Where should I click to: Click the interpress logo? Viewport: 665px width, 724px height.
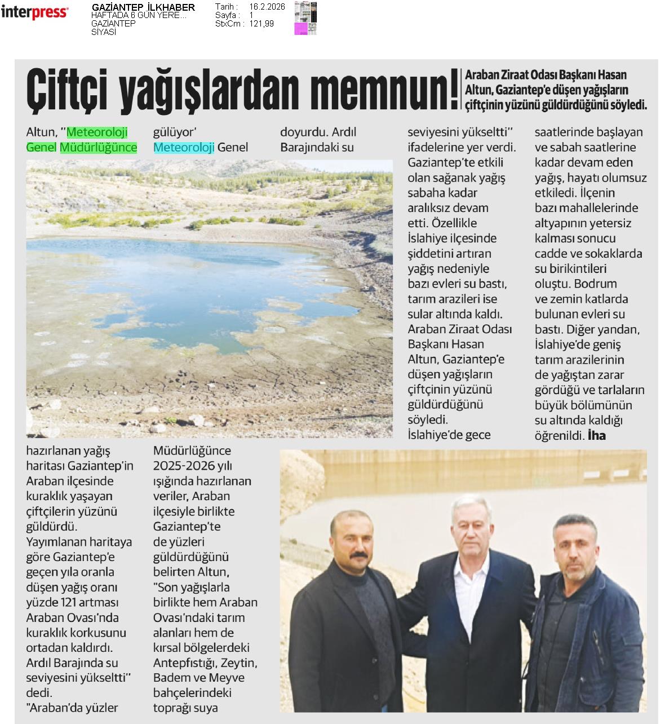point(35,12)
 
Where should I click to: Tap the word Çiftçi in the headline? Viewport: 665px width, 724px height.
point(66,90)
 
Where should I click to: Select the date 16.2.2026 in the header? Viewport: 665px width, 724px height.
point(267,7)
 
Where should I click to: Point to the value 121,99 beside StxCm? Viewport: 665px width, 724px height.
point(261,24)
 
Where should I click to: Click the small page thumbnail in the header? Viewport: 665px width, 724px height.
point(305,19)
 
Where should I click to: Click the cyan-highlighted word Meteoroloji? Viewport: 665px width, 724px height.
point(184,148)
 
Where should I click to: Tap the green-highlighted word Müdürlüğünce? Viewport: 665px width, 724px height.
point(99,148)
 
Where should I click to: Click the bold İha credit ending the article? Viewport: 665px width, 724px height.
point(596,435)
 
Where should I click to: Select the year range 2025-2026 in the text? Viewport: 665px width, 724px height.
point(184,466)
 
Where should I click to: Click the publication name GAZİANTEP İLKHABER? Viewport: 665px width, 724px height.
point(143,7)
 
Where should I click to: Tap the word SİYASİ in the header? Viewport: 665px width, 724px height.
point(104,32)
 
